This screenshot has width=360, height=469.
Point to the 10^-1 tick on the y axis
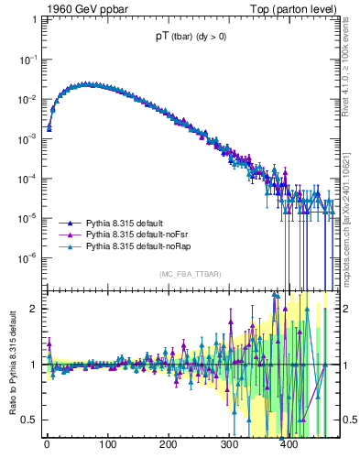[x=27, y=59]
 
